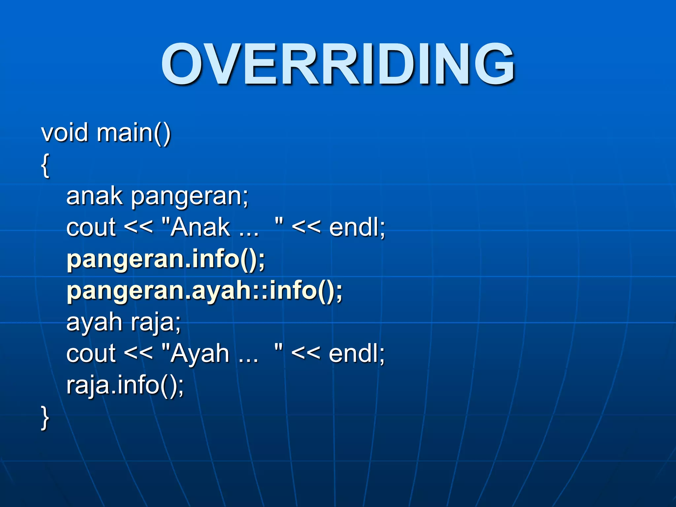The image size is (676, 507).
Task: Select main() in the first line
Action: [x=134, y=133]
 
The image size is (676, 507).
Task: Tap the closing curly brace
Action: [x=45, y=418]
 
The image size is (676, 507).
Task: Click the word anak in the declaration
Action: [x=94, y=196]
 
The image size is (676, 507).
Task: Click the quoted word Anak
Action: [x=200, y=228]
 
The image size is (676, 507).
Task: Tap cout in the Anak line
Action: [x=91, y=228]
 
